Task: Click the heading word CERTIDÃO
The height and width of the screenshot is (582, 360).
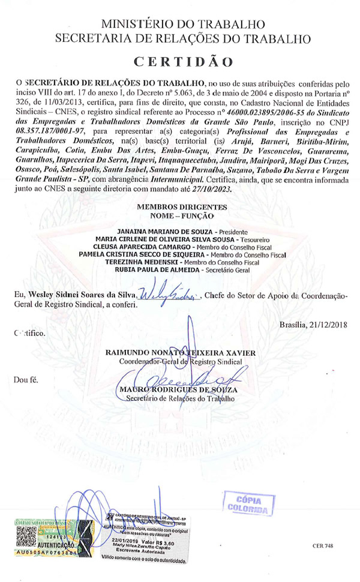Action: tap(183, 62)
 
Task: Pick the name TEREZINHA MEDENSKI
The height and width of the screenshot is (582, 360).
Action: tap(154, 262)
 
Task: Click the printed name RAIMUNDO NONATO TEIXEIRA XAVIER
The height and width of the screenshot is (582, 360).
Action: tap(182, 352)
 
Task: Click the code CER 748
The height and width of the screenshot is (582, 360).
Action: tap(323, 546)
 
